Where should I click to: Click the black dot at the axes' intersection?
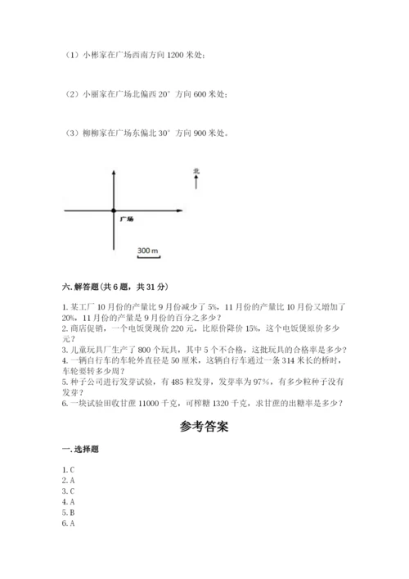click(x=113, y=210)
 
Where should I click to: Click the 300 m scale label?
click(x=147, y=249)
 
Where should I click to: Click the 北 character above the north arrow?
click(x=196, y=171)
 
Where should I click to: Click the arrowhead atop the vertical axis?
click(x=113, y=174)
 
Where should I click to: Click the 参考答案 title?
click(x=203, y=427)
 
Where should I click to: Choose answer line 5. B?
click(x=68, y=511)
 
